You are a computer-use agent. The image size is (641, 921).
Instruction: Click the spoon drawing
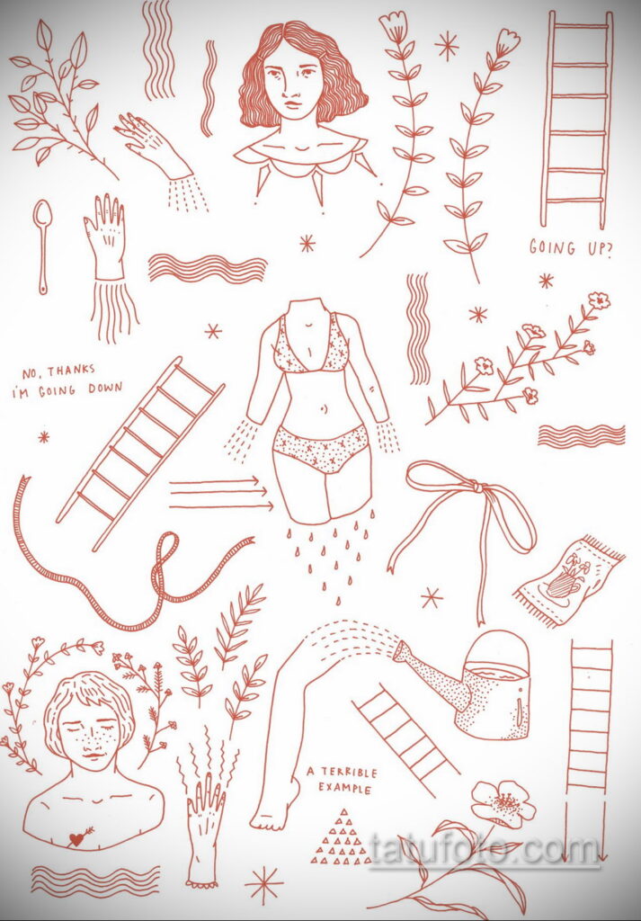point(43,246)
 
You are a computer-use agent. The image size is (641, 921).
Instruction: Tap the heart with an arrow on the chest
point(77,838)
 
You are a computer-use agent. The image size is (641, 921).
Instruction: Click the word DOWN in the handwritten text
point(105,389)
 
